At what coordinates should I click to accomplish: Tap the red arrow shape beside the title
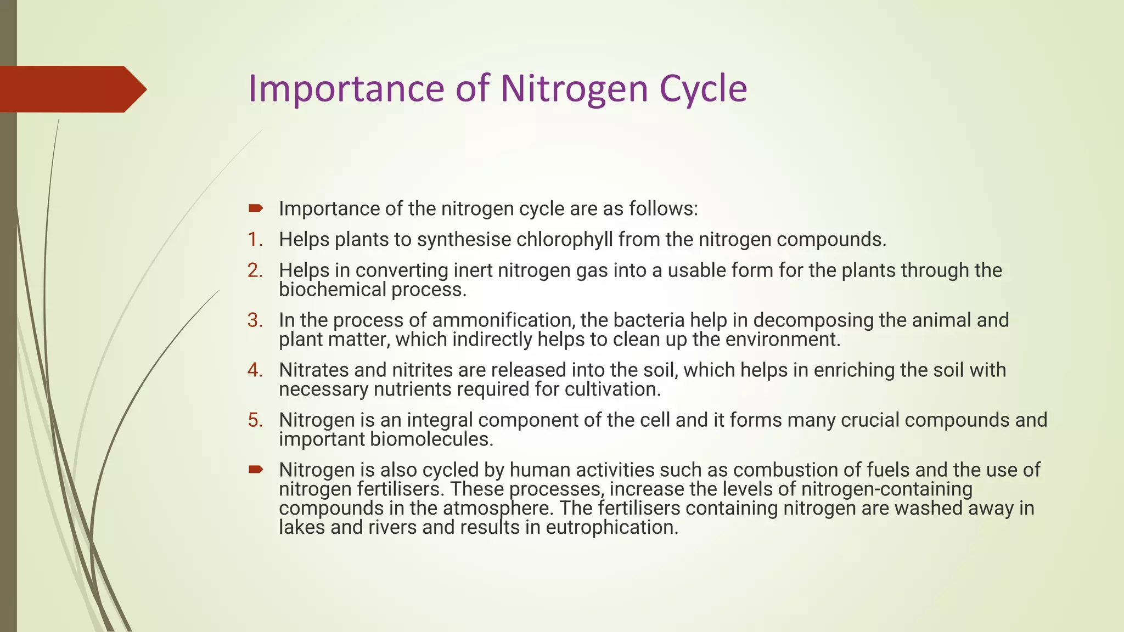(x=71, y=89)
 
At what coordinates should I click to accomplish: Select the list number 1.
(x=254, y=240)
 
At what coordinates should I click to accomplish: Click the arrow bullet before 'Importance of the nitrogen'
(x=255, y=208)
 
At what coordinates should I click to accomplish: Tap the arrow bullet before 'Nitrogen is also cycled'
(x=255, y=470)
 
